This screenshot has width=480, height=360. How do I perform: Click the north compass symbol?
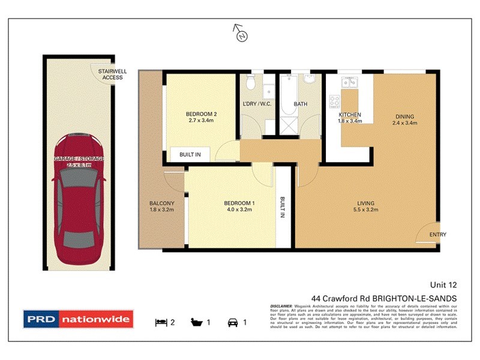click(x=241, y=34)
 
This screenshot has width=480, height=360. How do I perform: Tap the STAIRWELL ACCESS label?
click(x=112, y=74)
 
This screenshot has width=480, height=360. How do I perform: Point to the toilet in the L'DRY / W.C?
click(x=251, y=81)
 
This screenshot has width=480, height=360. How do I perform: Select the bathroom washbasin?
click(x=310, y=80)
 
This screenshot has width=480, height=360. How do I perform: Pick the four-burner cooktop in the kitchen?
click(x=334, y=100)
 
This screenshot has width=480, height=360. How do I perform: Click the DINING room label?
click(x=404, y=116)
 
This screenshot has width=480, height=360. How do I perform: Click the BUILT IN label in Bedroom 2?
click(x=190, y=155)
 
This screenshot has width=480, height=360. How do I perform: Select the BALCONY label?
click(x=161, y=203)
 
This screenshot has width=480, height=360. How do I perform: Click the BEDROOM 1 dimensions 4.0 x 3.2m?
click(x=238, y=211)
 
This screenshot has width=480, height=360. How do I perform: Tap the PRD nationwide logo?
click(x=77, y=319)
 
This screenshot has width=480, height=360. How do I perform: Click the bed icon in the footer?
click(x=161, y=322)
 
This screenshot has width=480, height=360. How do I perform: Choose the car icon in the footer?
click(x=232, y=322)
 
